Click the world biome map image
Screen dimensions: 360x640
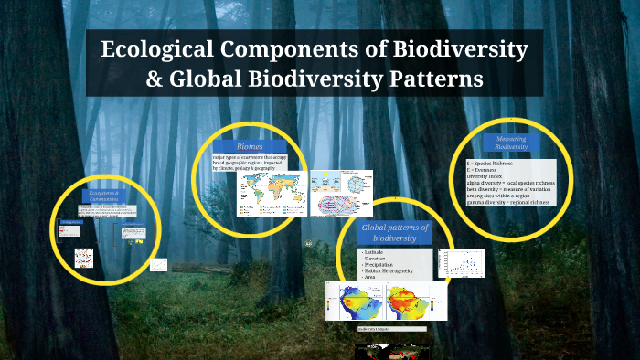point(271,193)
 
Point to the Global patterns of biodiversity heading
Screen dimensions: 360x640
point(395,232)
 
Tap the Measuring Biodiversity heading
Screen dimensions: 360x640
point(511,142)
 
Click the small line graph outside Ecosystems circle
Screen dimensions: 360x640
point(158,265)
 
